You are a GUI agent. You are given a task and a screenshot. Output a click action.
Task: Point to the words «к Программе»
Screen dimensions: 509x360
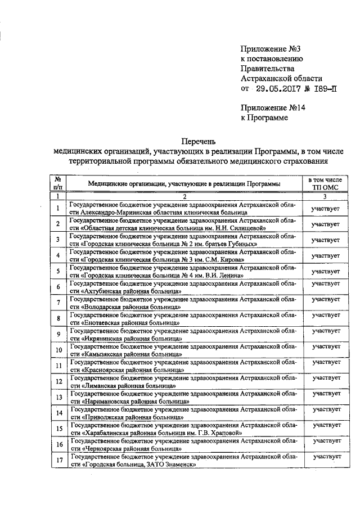click(x=264, y=118)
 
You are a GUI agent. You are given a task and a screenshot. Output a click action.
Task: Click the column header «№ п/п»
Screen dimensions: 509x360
click(x=58, y=183)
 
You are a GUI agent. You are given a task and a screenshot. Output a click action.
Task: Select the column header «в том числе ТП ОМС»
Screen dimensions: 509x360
click(x=326, y=183)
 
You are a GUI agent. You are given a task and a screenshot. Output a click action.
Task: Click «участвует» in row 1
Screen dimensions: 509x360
click(x=326, y=209)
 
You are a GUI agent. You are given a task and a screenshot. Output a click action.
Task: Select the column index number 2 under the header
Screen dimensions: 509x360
click(x=184, y=196)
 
